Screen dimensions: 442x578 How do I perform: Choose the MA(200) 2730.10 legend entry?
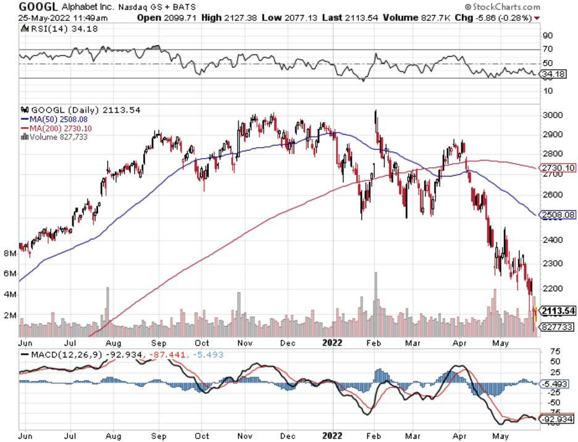coord(56,128)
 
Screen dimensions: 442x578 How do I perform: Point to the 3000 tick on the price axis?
coord(552,115)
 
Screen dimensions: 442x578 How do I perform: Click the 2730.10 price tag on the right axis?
coord(558,167)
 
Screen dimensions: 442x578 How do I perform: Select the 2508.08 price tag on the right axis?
coord(558,215)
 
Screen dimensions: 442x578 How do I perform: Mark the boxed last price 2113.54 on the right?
coord(558,311)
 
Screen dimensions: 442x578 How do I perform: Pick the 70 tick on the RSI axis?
coord(548,49)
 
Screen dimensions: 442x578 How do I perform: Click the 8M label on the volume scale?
coord(10,253)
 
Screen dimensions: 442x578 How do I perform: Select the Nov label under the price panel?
coord(246,343)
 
